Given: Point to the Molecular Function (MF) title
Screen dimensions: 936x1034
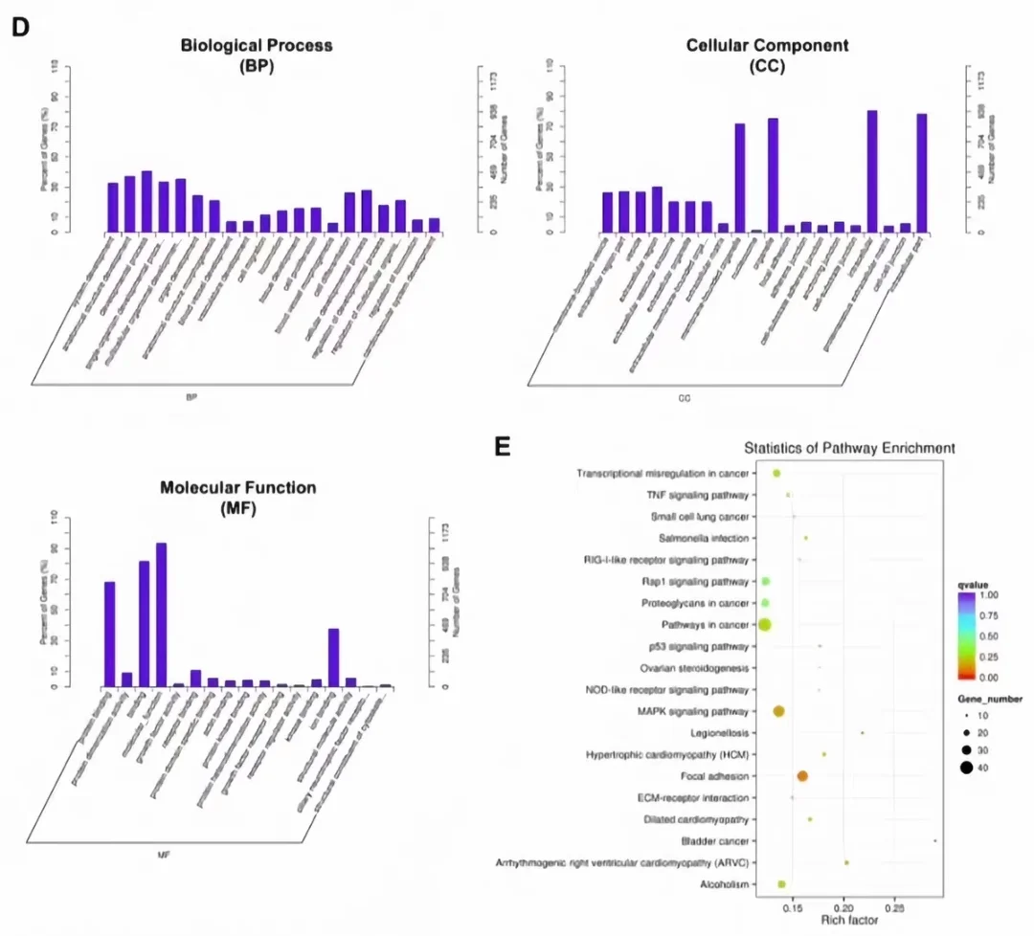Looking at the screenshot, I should pyautogui.click(x=238, y=498).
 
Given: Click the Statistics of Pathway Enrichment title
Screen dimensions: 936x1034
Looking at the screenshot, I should pyautogui.click(x=849, y=448).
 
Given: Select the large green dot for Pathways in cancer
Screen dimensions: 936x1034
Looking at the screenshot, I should pyautogui.click(x=764, y=625).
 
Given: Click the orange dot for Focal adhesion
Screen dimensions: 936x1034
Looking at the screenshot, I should pyautogui.click(x=802, y=776).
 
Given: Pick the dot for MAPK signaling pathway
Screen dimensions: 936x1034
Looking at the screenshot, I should pyautogui.click(x=778, y=711).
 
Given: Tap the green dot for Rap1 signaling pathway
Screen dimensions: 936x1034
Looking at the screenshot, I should pyautogui.click(x=765, y=582).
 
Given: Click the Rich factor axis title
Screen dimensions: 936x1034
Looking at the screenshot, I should pyautogui.click(x=843, y=920).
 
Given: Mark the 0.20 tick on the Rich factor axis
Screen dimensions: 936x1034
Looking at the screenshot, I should pyautogui.click(x=843, y=905).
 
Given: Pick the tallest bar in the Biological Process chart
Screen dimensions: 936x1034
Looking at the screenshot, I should pyautogui.click(x=146, y=201).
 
